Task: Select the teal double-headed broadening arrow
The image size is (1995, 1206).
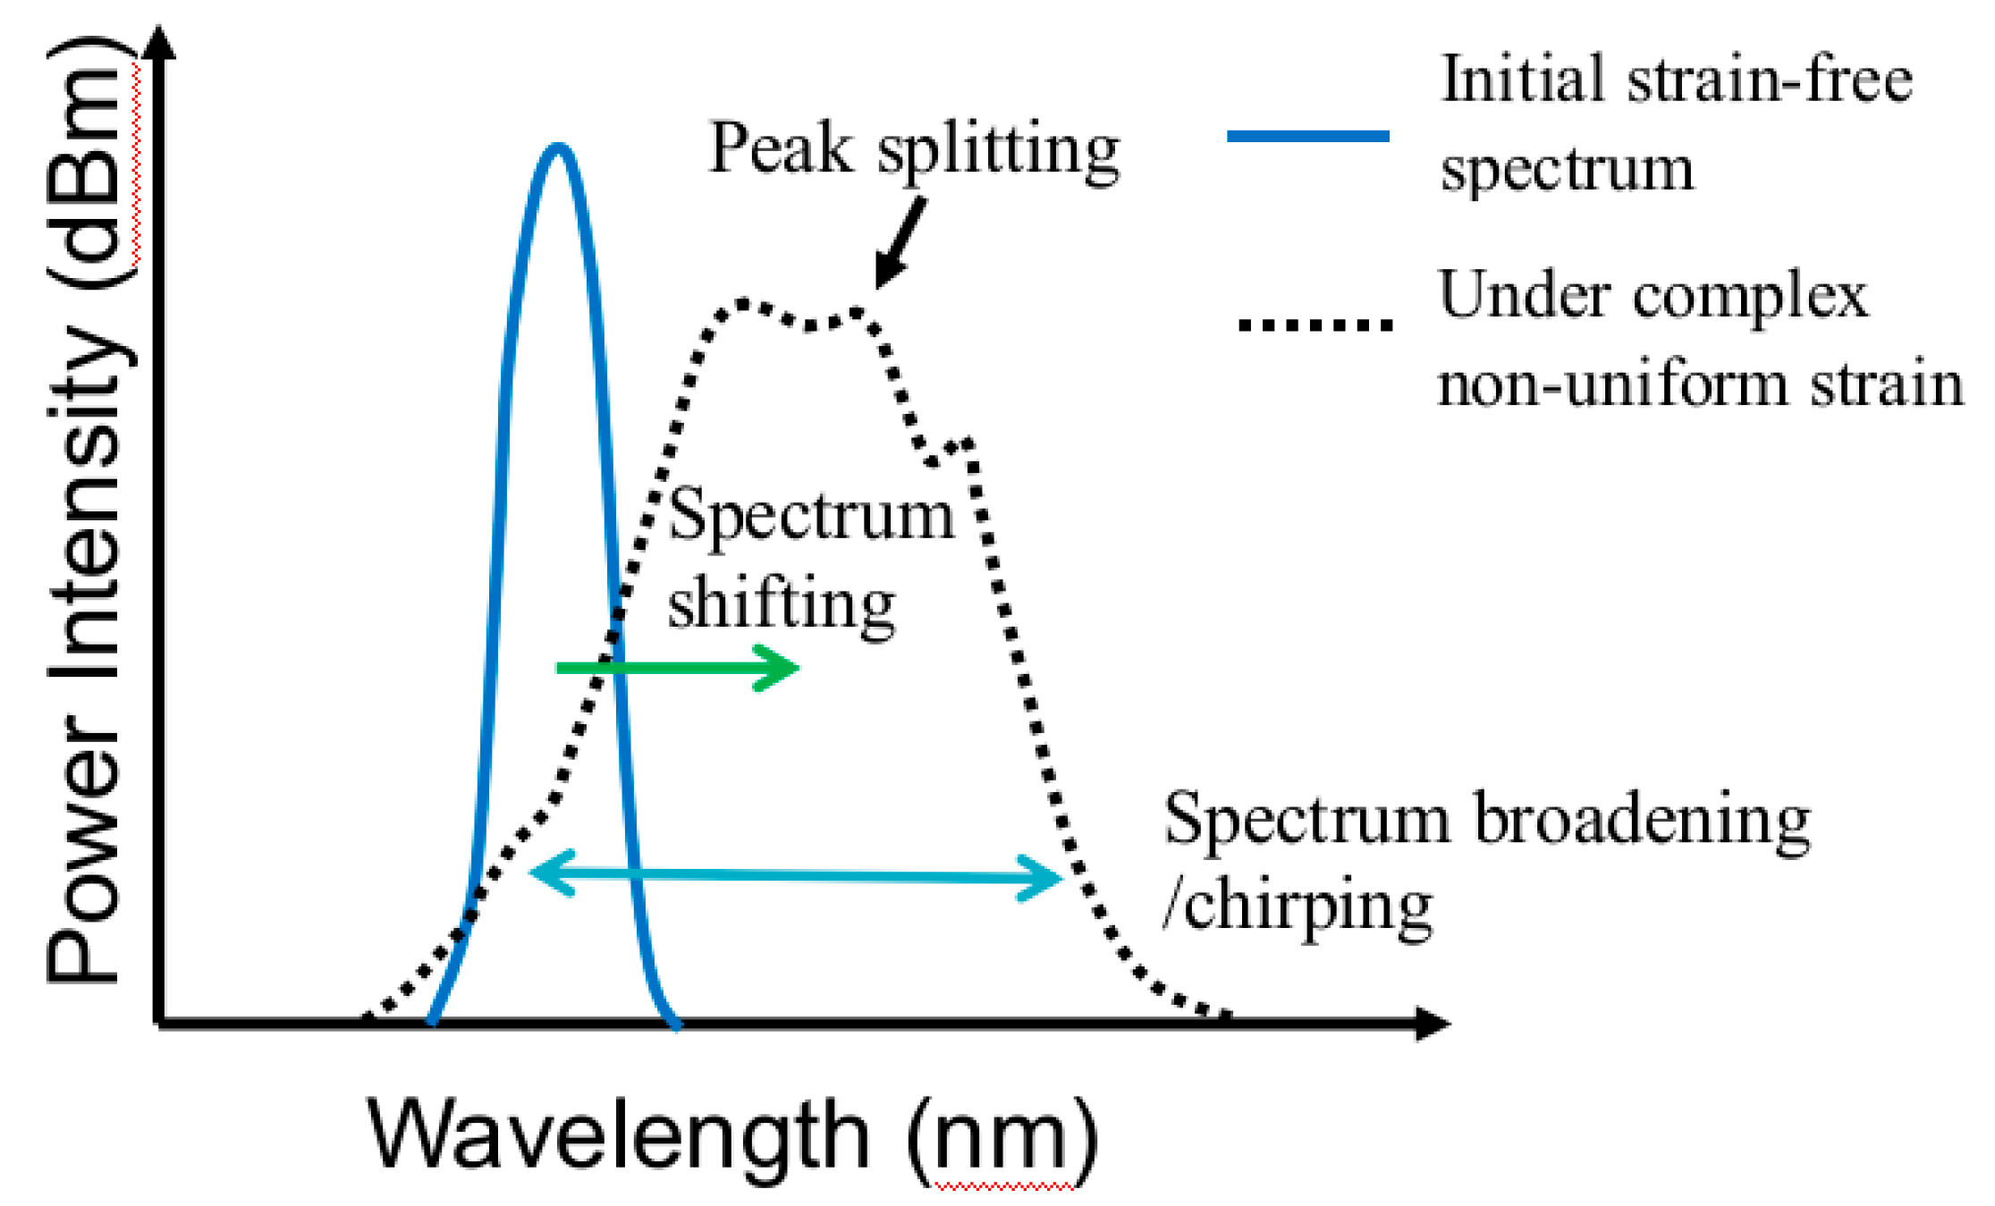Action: click(x=796, y=875)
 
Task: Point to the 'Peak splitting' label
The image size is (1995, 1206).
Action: click(x=913, y=150)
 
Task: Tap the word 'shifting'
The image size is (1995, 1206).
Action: click(x=781, y=605)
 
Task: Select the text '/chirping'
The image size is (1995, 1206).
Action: click(x=1298, y=907)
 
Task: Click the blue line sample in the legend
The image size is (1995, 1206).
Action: click(x=1307, y=136)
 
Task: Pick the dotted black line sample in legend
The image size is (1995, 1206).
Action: click(x=1315, y=325)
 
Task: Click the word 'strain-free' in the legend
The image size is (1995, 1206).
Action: click(x=1770, y=80)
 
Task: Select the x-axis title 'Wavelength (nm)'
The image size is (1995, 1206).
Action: click(x=732, y=1135)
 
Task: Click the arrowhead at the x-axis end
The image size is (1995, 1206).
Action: click(x=1433, y=1024)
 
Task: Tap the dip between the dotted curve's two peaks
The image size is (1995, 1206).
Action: click(x=809, y=325)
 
